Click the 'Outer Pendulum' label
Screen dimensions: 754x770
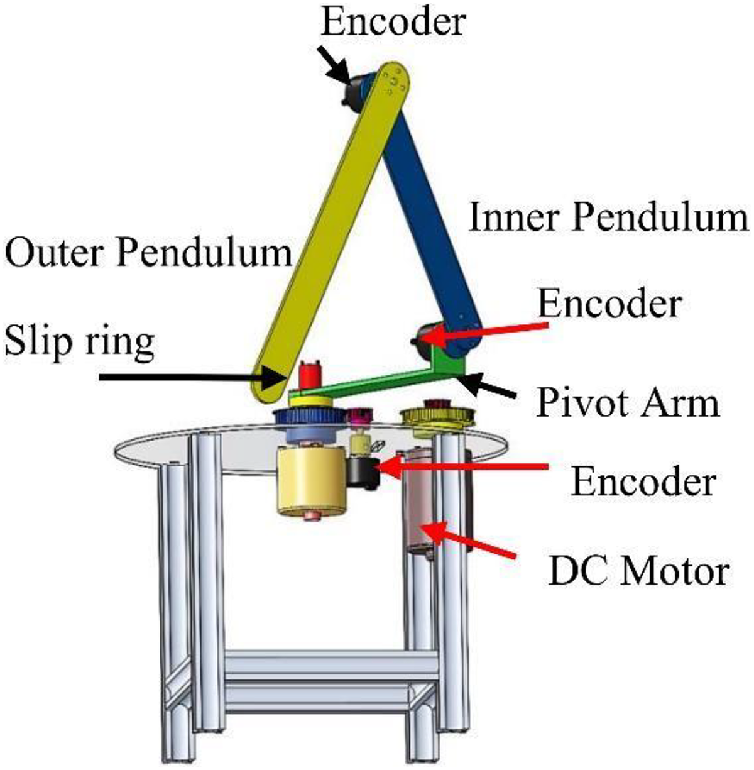[148, 254]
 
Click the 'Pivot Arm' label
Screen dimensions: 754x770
[627, 404]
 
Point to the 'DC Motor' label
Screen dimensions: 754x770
[638, 572]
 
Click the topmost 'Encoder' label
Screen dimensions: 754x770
[393, 21]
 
